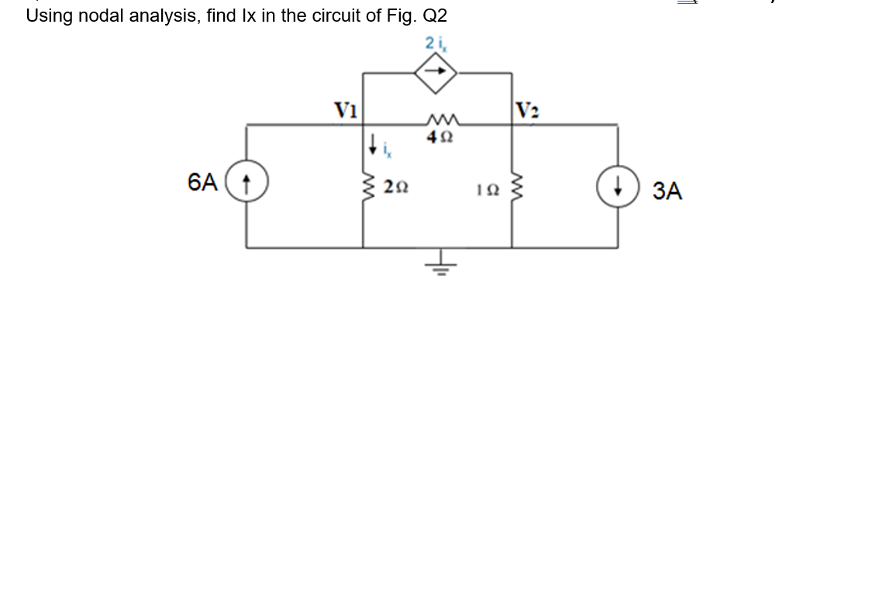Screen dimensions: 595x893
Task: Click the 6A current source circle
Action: point(247,184)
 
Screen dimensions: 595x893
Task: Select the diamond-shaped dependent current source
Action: point(436,73)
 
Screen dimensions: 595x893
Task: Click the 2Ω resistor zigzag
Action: point(363,187)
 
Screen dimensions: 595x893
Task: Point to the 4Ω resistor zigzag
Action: point(443,121)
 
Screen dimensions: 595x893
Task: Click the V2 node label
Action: point(526,109)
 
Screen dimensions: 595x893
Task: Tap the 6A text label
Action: point(202,183)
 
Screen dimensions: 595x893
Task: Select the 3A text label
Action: point(667,191)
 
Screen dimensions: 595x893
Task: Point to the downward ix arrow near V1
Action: point(374,143)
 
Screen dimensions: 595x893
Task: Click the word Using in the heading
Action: point(48,15)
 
